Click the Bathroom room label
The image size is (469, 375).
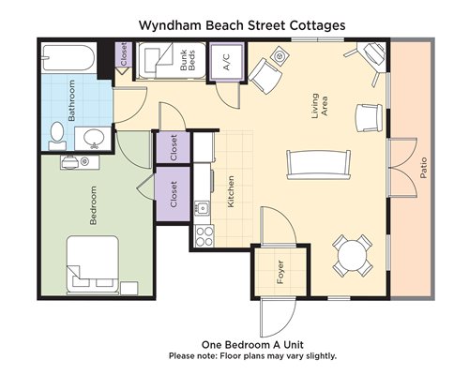click(71, 100)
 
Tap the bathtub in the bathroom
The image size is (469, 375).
click(68, 57)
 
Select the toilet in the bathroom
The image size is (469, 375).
click(57, 136)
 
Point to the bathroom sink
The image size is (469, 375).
click(94, 137)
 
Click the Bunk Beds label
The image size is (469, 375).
click(188, 60)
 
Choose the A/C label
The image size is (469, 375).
click(226, 62)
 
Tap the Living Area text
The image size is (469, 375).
click(320, 106)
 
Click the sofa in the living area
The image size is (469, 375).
click(319, 165)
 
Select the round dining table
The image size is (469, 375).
click(353, 255)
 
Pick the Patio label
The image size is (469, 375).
click(423, 168)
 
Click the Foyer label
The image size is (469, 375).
click(280, 272)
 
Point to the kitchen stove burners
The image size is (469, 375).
click(204, 236)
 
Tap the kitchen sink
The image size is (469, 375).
click(203, 207)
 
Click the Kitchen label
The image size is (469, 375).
click(231, 191)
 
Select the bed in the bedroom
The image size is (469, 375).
click(93, 265)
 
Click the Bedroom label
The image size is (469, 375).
click(93, 205)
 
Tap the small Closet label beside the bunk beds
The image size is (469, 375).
click(124, 53)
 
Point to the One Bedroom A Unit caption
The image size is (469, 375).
click(252, 345)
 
